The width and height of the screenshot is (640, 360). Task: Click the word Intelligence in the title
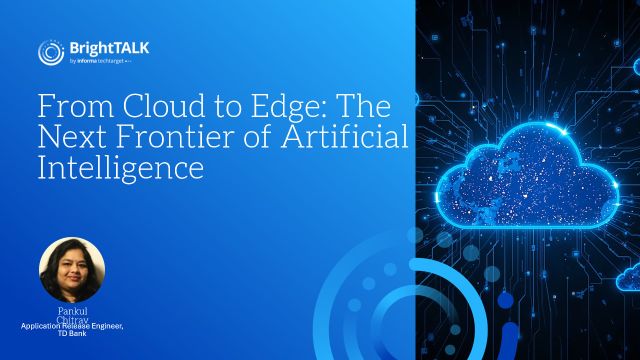point(120,167)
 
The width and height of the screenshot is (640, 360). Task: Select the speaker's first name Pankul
point(74,311)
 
